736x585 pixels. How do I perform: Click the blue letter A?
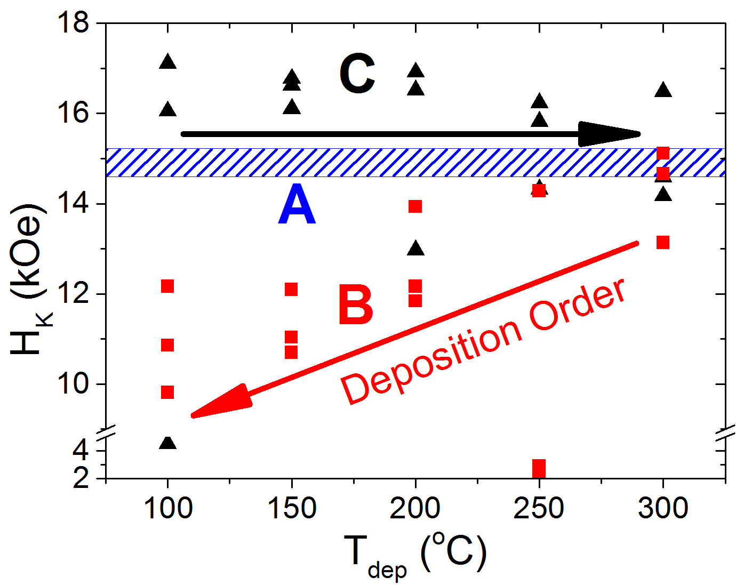click(x=297, y=205)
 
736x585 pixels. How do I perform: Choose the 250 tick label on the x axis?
click(x=539, y=508)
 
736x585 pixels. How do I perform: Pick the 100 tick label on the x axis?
click(x=168, y=508)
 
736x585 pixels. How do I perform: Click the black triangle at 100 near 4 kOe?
click(x=167, y=443)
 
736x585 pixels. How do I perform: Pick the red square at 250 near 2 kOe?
click(x=539, y=468)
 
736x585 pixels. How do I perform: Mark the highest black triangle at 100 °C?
click(x=168, y=62)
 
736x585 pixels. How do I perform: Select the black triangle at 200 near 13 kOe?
click(x=415, y=249)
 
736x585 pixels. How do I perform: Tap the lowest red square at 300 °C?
click(x=663, y=243)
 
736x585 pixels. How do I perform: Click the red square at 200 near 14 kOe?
click(x=415, y=206)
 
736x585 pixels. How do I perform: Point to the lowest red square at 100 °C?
click(x=167, y=392)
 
